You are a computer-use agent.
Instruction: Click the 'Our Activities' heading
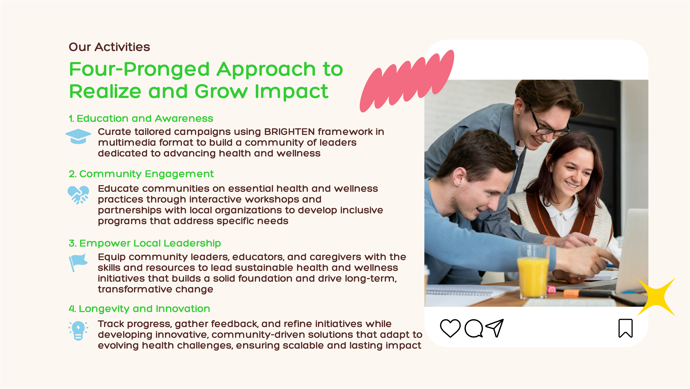coord(109,47)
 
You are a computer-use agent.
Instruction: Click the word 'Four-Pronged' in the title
coord(139,69)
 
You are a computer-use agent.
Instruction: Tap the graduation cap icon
coord(78,136)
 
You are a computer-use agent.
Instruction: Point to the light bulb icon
coord(78,331)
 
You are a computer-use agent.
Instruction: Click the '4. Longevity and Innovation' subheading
coord(139,309)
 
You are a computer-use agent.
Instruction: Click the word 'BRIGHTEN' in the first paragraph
coord(290,132)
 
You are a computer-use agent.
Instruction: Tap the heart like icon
coord(450,328)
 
